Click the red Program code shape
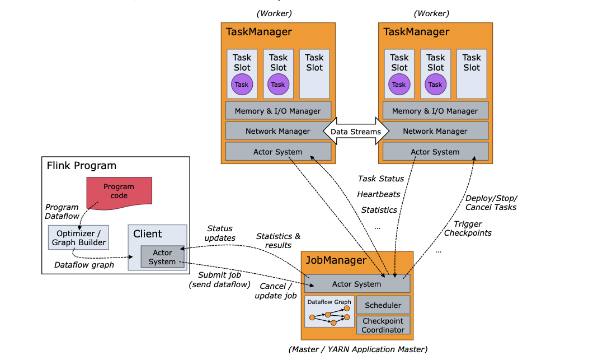(x=119, y=191)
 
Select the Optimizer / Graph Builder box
(x=78, y=238)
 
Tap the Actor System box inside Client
(x=162, y=257)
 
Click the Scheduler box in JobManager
(x=383, y=305)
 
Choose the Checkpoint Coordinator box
(x=383, y=325)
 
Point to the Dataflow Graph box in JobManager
(x=330, y=312)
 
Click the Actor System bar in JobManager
(x=356, y=284)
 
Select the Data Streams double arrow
(x=356, y=132)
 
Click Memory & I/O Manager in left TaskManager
(x=278, y=111)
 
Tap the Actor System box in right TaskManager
(x=435, y=152)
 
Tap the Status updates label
(x=219, y=233)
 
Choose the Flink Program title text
(x=82, y=166)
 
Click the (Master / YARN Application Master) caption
(x=357, y=349)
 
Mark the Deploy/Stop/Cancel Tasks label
(x=491, y=203)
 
